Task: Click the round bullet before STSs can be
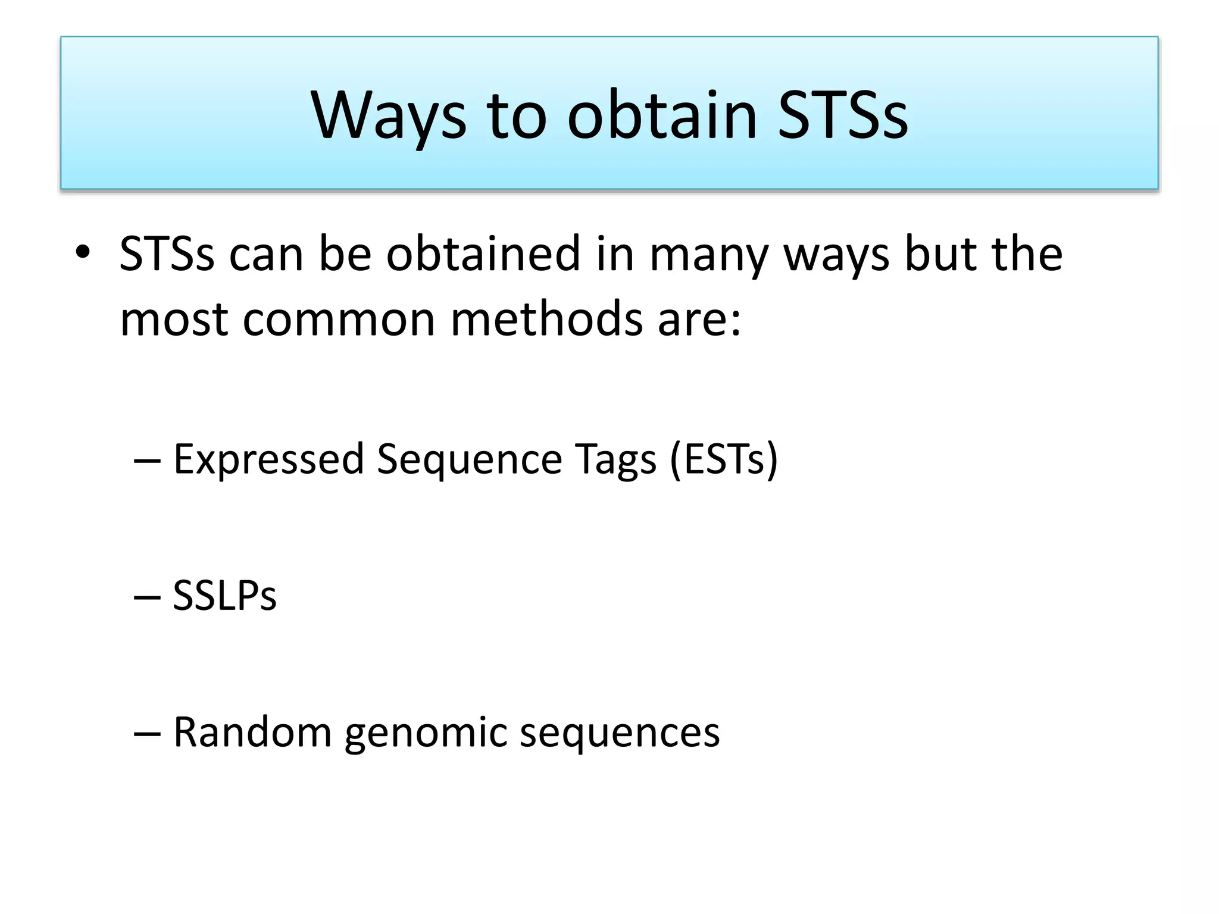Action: point(83,252)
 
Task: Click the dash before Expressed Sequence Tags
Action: point(147,461)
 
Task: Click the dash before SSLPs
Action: point(147,597)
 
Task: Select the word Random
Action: point(252,732)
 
